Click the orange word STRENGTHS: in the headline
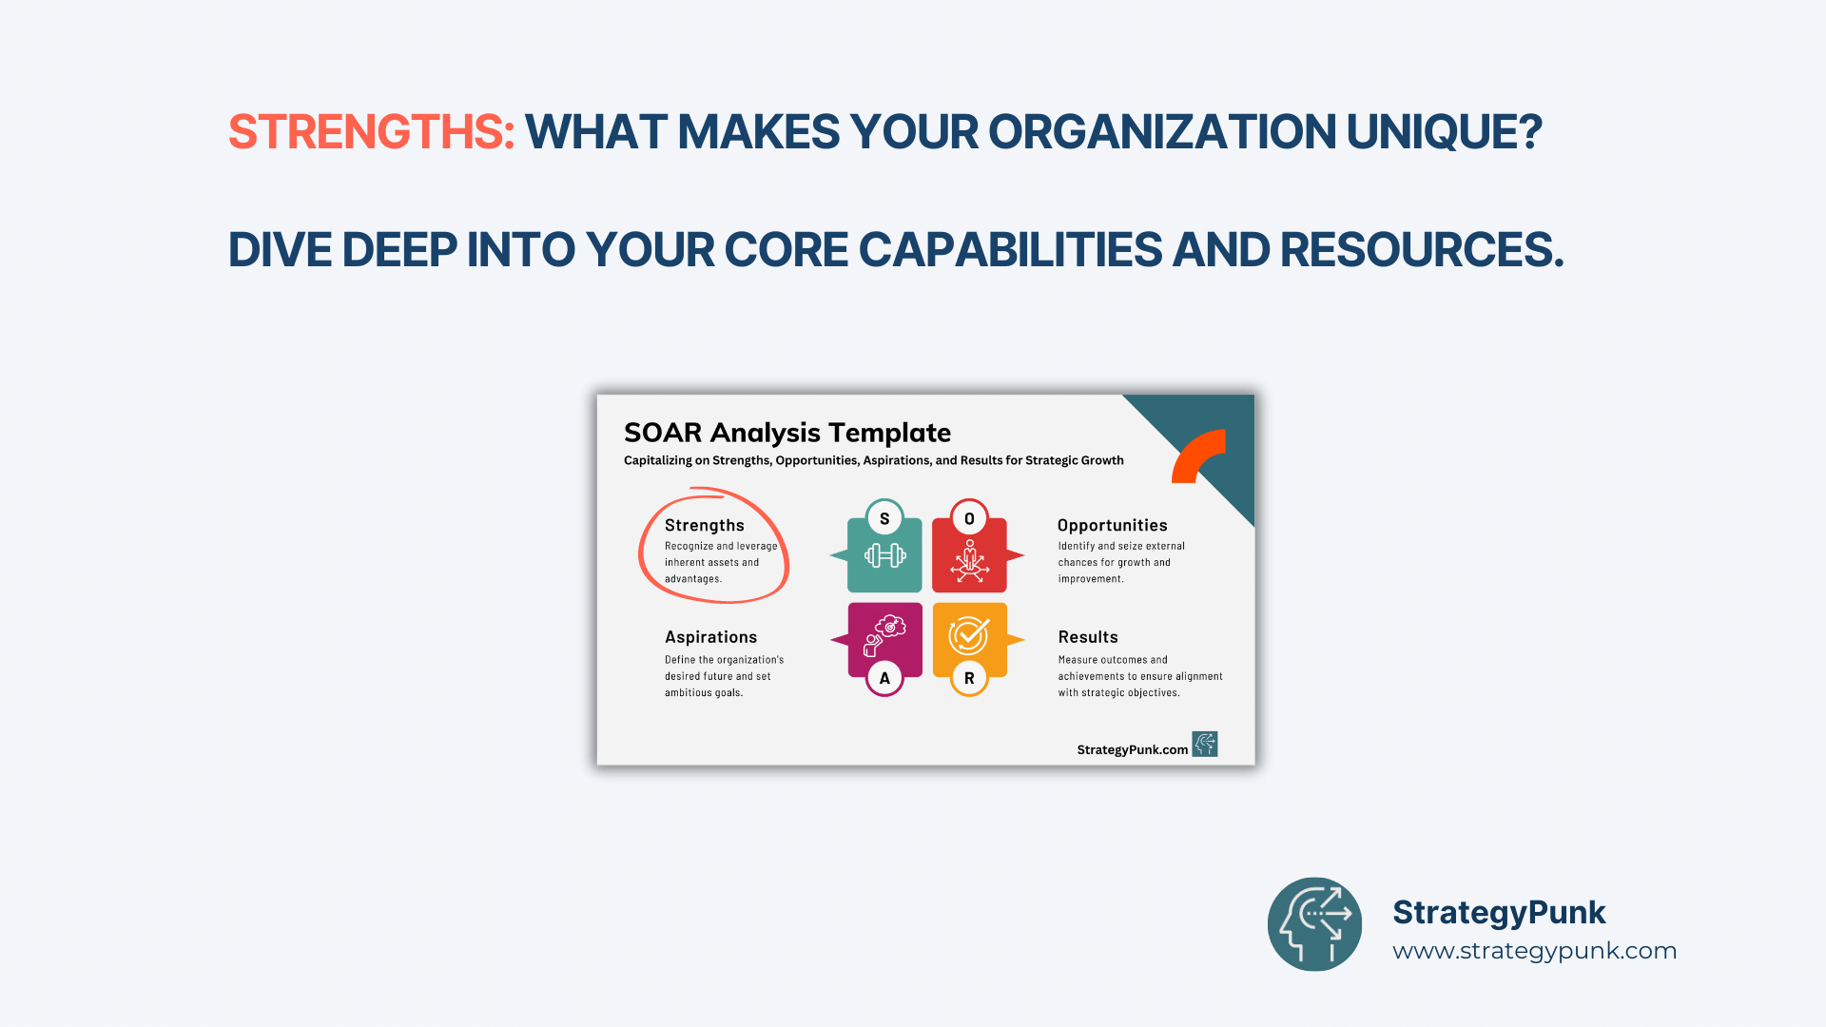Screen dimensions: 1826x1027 point(372,132)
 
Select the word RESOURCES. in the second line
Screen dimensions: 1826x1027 point(1422,250)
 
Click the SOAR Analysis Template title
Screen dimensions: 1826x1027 point(787,433)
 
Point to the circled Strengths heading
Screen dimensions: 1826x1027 point(705,525)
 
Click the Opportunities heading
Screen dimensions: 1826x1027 point(1112,525)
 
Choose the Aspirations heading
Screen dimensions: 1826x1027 point(711,637)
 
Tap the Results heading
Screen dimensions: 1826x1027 point(1088,637)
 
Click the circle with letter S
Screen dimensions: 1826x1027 point(884,518)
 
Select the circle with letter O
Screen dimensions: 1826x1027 point(969,518)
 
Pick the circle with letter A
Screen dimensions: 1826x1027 point(884,678)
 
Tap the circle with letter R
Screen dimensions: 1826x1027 point(969,678)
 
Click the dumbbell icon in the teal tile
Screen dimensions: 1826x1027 point(884,555)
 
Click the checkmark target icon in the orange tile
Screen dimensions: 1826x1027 point(969,635)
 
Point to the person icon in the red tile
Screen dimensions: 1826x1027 point(969,561)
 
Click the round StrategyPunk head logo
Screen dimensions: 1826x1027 point(1314,924)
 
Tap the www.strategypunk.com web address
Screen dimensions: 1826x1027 point(1534,951)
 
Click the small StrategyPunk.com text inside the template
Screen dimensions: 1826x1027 point(1133,749)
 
